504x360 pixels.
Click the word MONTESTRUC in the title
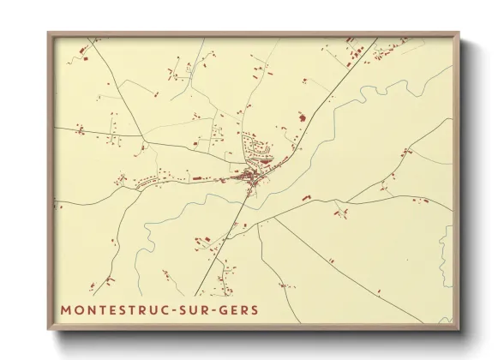pos(115,309)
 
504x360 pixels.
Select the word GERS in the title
pos(241,309)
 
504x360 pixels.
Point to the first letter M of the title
pos(65,309)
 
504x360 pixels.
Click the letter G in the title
pos(225,309)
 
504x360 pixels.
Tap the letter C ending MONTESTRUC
pos(168,309)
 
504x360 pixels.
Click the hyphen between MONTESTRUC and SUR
pos(177,309)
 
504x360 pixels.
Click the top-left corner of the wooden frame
pos(49,33)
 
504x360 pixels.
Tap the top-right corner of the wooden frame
pos(459,33)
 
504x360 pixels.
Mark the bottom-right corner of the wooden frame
pos(459,329)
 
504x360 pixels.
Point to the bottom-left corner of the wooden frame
pos(49,329)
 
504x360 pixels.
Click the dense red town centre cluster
pos(249,178)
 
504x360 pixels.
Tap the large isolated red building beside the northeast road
pos(300,116)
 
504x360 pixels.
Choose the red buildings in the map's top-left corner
pos(81,53)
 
